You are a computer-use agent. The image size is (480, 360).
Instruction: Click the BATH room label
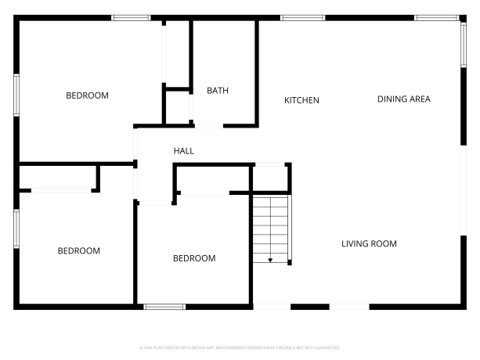click(x=218, y=91)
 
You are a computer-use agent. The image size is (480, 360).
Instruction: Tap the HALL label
click(x=183, y=151)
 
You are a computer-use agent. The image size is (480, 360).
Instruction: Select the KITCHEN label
click(x=301, y=100)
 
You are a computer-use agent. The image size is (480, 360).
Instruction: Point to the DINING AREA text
click(x=404, y=99)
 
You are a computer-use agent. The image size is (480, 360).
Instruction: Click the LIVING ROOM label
click(x=369, y=243)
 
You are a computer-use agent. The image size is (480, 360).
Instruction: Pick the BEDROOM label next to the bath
click(x=87, y=95)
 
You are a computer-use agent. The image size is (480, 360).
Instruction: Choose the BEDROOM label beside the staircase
click(x=194, y=258)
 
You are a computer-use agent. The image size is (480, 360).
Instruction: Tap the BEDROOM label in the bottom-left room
click(x=79, y=251)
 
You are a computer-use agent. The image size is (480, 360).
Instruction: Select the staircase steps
click(x=271, y=227)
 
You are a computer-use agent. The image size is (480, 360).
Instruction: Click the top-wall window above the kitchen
click(x=303, y=17)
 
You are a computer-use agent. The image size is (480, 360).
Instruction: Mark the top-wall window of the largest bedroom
click(x=131, y=17)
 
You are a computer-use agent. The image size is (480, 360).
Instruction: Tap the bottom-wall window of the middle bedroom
click(x=164, y=306)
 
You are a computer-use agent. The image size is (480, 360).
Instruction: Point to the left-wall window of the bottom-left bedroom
click(x=16, y=229)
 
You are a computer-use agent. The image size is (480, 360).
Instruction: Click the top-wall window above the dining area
click(x=437, y=17)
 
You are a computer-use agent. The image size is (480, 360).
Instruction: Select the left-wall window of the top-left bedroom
click(x=16, y=95)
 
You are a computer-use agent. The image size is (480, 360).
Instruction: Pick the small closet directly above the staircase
click(x=270, y=177)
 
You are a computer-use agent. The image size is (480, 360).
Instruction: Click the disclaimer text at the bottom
click(x=240, y=347)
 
